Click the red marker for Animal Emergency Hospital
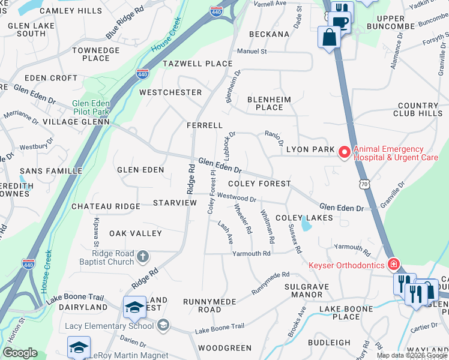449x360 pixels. (x=344, y=154)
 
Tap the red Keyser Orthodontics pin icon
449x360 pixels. (x=393, y=264)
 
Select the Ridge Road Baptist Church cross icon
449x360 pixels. (x=142, y=257)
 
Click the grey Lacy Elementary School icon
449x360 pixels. (x=163, y=325)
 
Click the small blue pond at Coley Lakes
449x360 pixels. (x=307, y=224)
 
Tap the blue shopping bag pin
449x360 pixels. (x=330, y=38)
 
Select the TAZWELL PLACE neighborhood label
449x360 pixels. (x=197, y=64)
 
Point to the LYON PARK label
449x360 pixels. (x=309, y=149)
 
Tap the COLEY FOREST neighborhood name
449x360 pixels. (x=259, y=184)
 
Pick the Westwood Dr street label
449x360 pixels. (x=237, y=197)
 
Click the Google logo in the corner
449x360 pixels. (x=20, y=353)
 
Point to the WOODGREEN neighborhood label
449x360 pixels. (x=224, y=348)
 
